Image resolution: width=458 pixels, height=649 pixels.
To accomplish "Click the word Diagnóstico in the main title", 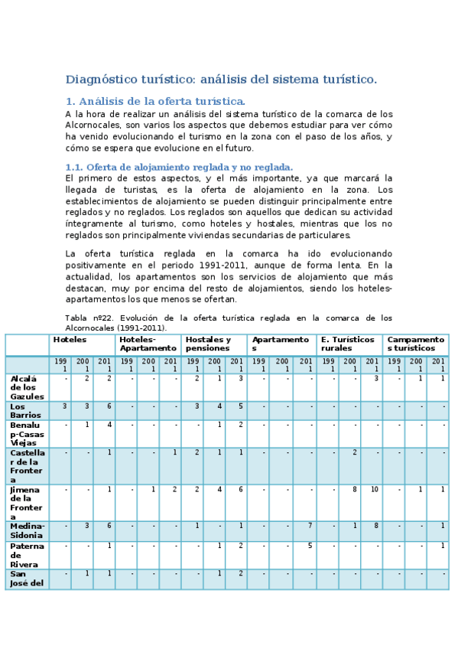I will point(100,80).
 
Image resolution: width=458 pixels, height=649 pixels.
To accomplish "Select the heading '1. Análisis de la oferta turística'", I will point(155,101).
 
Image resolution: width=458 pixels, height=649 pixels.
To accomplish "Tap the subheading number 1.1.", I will point(74,167).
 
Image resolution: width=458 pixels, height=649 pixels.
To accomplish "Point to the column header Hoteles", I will point(69,340).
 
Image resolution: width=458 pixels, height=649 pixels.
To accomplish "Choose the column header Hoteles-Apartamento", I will point(148,344).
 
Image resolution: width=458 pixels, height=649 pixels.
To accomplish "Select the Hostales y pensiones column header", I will point(208,344).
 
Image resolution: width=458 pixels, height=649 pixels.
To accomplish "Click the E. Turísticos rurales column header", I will point(347,344).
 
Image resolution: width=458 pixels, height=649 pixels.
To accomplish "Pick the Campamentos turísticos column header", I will point(415,344).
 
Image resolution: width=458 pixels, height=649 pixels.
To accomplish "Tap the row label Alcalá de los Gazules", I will point(27,387).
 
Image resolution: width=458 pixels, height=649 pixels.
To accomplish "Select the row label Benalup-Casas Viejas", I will point(27,433).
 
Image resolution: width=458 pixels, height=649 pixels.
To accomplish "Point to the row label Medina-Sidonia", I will point(27,530).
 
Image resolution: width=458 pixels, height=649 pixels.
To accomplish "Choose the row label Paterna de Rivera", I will point(27,555).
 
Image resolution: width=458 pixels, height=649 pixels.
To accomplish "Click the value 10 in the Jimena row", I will point(374,489).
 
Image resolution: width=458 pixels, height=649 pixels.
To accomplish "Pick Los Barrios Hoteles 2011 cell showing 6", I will point(109,406).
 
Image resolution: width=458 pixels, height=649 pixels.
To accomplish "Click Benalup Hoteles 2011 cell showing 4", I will point(109,425).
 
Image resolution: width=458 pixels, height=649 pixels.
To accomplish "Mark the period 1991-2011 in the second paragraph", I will point(222,264).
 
